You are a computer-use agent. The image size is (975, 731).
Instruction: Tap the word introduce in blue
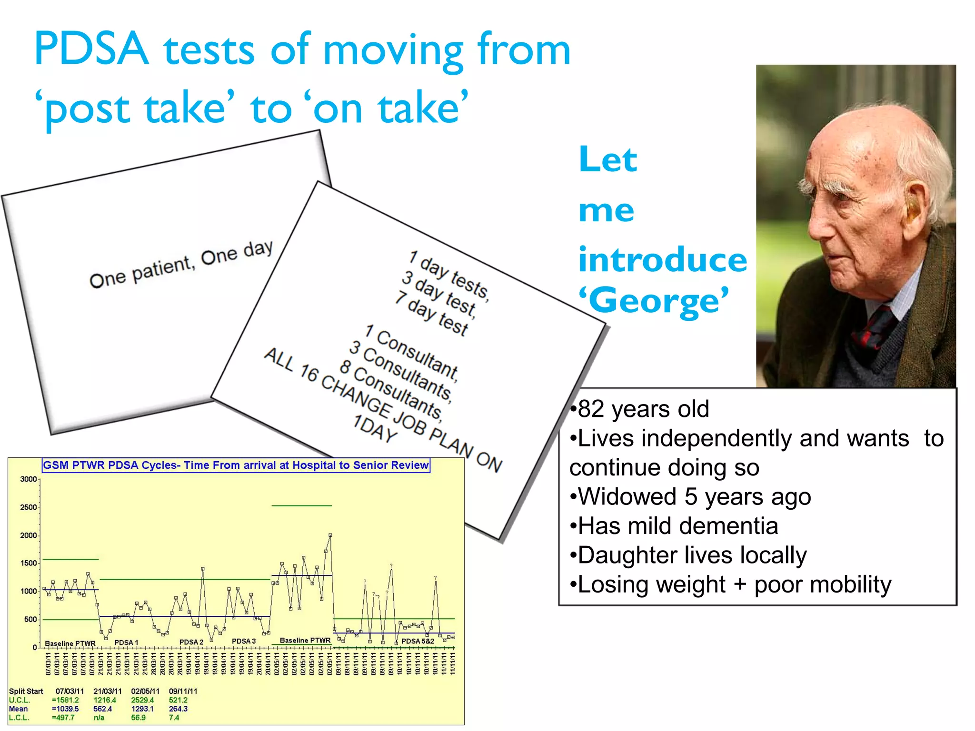coord(662,260)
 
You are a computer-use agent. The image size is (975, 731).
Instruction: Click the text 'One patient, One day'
coord(181,264)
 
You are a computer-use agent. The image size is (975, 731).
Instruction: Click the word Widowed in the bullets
coord(627,497)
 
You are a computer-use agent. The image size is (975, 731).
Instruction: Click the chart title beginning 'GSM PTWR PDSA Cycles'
coord(236,465)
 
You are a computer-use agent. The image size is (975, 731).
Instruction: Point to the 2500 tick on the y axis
coord(29,507)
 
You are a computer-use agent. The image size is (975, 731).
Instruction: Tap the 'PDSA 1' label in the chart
coord(126,642)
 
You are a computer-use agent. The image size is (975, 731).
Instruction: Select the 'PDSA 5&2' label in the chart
coord(418,641)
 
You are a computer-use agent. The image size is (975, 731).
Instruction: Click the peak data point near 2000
coord(330,535)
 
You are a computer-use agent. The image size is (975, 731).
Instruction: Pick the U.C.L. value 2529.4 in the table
coord(142,700)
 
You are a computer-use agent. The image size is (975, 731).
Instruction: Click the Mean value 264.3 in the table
coord(178,709)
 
